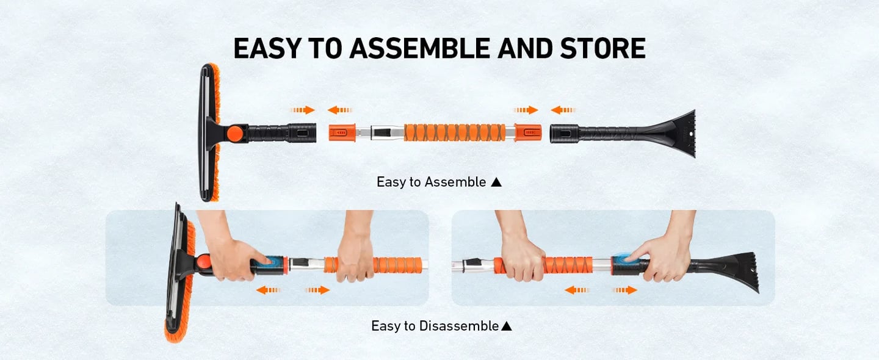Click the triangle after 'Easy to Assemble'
pos(496,182)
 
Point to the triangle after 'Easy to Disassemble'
pos(506,326)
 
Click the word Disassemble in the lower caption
pos(458,326)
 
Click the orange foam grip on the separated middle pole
pos(455,132)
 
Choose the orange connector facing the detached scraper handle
pos(527,132)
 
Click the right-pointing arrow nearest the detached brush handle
pos(303,110)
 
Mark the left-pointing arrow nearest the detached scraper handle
pos(563,110)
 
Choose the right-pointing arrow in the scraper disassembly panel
pos(624,290)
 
